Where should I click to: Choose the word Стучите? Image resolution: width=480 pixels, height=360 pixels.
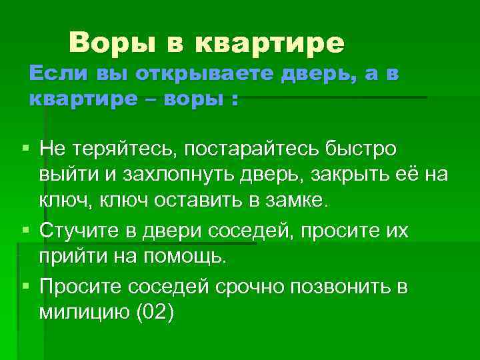pos(79,230)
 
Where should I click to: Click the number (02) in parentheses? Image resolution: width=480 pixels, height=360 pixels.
pos(154,313)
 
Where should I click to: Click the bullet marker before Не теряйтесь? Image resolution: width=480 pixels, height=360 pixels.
pos(25,147)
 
